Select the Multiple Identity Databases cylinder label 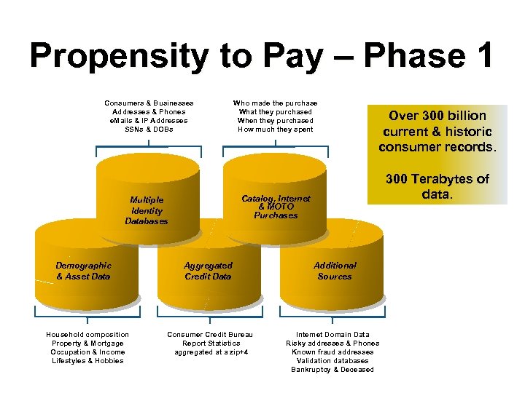point(147,210)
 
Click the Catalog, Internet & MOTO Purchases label point(276,207)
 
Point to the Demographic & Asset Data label point(83,271)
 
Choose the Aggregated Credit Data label point(208,271)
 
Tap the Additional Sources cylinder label point(335,271)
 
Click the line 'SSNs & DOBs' point(149,130)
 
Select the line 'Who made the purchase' point(275,103)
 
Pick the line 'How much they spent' point(275,130)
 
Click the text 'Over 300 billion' point(437,116)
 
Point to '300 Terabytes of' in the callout point(437,179)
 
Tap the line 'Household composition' point(87,335)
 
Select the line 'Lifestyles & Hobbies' point(87,361)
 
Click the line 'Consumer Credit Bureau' point(211,335)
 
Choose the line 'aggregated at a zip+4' point(211,352)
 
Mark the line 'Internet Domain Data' point(332,335)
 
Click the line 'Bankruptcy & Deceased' point(332,370)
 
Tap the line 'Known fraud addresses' point(332,352)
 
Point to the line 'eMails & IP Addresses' point(149,121)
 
